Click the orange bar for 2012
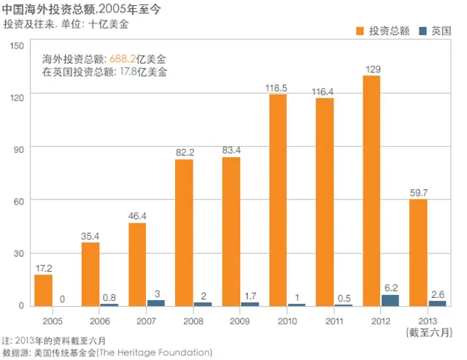pyautogui.click(x=371, y=191)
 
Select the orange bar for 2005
pyautogui.click(x=44, y=290)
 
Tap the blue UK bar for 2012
pyautogui.click(x=390, y=300)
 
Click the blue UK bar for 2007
pyautogui.click(x=156, y=302)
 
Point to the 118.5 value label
pyautogui.click(x=277, y=88)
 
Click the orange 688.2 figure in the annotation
pyautogui.click(x=123, y=58)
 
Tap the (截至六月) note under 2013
pyautogui.click(x=428, y=332)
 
